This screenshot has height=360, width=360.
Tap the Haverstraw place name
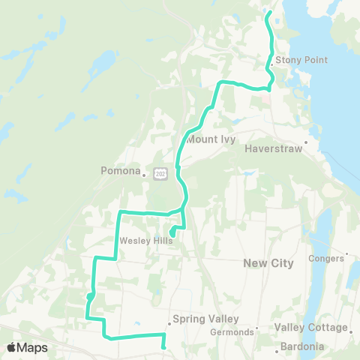273,148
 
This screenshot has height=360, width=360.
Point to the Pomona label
120,171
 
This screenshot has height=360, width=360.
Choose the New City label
268,263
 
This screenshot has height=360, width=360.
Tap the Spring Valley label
199,319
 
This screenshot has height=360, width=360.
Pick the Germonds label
229,331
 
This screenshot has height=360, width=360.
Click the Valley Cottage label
310,328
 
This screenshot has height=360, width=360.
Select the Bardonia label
301,346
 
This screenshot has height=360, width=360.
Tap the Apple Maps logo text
27,347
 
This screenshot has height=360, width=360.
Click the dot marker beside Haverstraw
307,140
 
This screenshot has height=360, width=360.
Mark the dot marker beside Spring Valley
169,324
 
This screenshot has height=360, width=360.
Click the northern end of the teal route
268,13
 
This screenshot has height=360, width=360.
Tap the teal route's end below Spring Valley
163,347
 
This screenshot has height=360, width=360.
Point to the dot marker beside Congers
348,254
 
